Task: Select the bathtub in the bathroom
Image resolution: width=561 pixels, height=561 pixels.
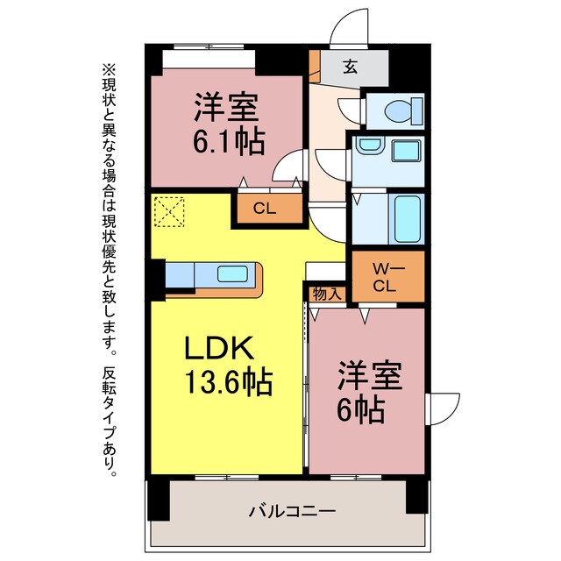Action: point(407,218)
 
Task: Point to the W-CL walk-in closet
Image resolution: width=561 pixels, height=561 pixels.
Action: point(387,274)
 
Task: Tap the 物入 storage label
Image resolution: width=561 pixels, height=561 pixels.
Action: point(327,294)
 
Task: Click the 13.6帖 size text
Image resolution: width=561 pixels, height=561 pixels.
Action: point(225,382)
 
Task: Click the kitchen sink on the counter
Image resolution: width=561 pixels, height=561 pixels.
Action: point(231,274)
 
